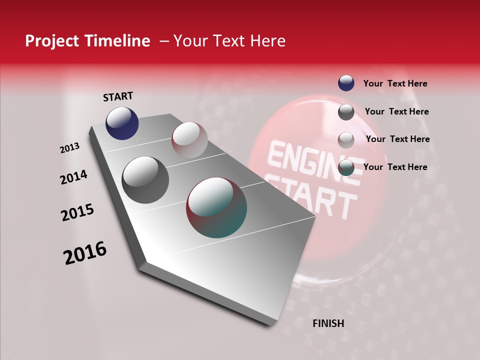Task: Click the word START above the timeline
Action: (118, 96)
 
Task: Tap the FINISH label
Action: (328, 323)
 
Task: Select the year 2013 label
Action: (70, 148)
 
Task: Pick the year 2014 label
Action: (74, 177)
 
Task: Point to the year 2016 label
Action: (85, 253)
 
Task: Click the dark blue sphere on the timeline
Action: (122, 123)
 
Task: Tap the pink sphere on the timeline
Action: (189, 140)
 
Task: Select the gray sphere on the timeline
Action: (145, 180)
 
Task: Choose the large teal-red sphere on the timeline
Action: (216, 207)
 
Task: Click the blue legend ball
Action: (346, 83)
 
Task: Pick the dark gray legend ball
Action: (346, 112)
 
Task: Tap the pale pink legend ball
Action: (346, 140)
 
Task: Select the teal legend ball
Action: (346, 167)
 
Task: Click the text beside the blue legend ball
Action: (395, 84)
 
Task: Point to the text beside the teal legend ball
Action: (395, 167)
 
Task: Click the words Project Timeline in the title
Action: (87, 41)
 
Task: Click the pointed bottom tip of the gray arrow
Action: (272, 324)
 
